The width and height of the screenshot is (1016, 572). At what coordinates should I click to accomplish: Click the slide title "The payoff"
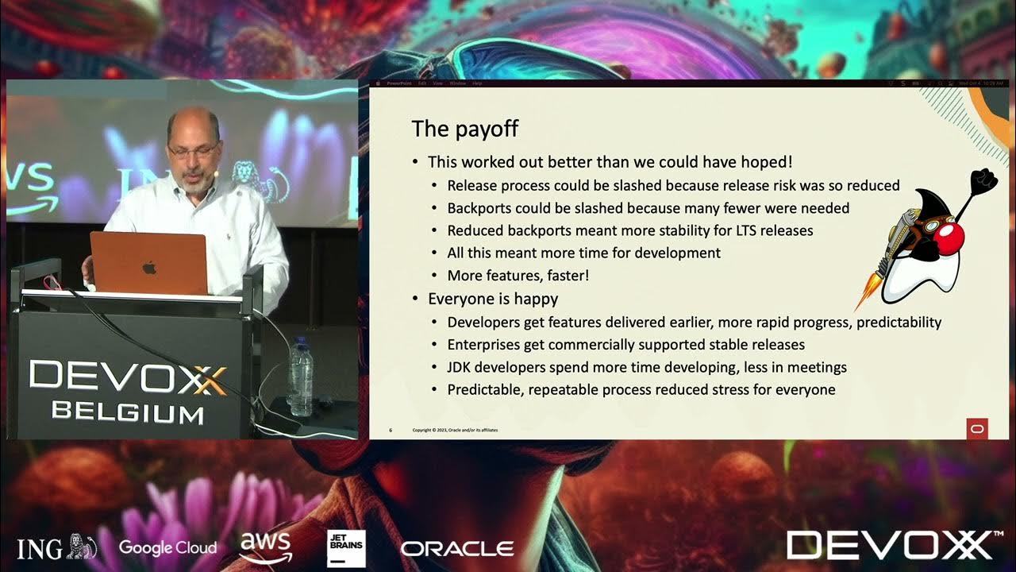pyautogui.click(x=464, y=128)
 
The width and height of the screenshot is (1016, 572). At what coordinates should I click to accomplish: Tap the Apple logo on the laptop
pyautogui.click(x=149, y=267)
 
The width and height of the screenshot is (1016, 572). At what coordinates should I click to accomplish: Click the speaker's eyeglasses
pyautogui.click(x=189, y=149)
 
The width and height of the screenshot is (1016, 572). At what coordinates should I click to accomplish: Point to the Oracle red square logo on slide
pyautogui.click(x=976, y=428)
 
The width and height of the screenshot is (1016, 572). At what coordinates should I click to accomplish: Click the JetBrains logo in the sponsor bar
pyautogui.click(x=346, y=548)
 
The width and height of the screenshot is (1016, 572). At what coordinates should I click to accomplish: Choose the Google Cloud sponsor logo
pyautogui.click(x=167, y=547)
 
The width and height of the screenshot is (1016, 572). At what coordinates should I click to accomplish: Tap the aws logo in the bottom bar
pyautogui.click(x=266, y=547)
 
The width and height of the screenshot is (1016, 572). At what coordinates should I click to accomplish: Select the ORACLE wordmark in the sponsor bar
pyautogui.click(x=456, y=548)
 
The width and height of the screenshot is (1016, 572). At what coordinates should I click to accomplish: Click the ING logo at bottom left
pyautogui.click(x=56, y=547)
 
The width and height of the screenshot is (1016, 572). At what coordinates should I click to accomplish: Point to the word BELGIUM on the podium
pyautogui.click(x=127, y=412)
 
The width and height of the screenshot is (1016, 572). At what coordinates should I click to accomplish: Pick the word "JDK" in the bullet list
pyautogui.click(x=461, y=367)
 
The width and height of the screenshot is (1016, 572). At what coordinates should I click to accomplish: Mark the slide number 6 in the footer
pyautogui.click(x=391, y=431)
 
